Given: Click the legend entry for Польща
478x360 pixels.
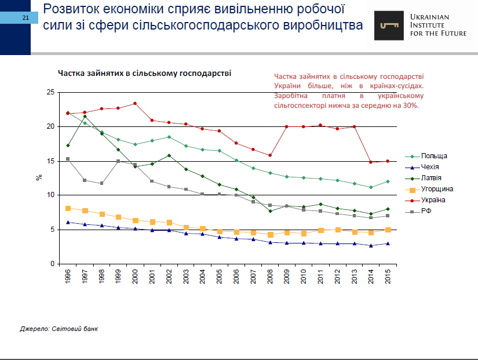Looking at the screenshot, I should point(433,156).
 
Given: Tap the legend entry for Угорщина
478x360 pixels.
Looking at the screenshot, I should point(437,189).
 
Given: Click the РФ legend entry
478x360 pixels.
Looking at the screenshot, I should point(426,211).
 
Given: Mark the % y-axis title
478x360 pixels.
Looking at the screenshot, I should point(40,177).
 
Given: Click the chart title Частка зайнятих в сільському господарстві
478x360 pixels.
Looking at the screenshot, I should point(144,74).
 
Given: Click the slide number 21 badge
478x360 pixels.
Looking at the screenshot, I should point(25,18).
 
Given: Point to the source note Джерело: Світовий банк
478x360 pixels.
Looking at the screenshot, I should point(59,329).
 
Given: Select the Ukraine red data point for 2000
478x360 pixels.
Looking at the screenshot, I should point(135,103).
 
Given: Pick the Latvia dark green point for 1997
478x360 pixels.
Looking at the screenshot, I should point(85,117).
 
